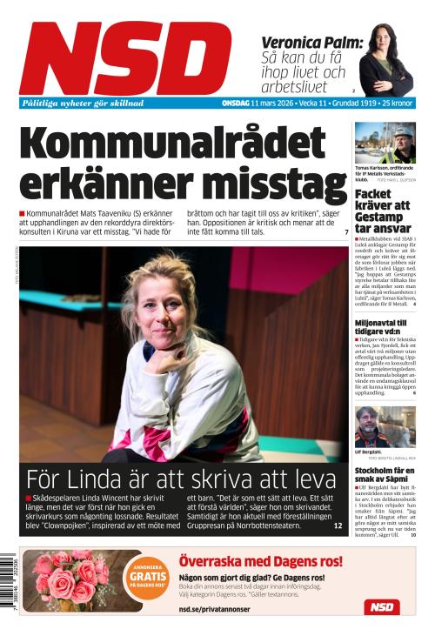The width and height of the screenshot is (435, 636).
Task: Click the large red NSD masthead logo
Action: pos(126,57)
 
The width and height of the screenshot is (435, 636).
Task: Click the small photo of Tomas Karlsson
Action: pos(385,143)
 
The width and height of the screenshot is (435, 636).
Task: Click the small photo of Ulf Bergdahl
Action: pos(385,426)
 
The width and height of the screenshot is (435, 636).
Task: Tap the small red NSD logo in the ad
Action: pos(381,607)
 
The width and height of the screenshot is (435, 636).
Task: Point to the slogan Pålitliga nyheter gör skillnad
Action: pos(83,103)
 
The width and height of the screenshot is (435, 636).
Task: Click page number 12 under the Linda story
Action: pos(338,526)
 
